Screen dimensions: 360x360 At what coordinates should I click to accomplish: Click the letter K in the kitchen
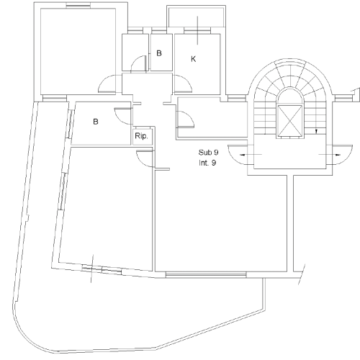point(194,59)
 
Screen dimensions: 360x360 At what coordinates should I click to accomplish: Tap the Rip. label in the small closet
point(141,136)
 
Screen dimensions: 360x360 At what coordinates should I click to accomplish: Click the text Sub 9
point(208,153)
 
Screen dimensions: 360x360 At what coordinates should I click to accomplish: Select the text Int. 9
point(207,163)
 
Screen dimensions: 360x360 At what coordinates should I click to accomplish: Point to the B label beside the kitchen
point(159,53)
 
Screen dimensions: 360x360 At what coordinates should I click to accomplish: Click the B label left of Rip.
point(96,122)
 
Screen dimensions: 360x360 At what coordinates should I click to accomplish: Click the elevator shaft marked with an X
point(289,121)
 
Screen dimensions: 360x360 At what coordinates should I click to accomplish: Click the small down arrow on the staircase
point(316,131)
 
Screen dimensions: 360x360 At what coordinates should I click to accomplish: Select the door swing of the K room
point(183,84)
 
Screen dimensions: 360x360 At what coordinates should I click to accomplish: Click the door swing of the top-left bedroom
point(107,84)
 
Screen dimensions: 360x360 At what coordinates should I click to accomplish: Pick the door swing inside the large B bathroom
point(123,116)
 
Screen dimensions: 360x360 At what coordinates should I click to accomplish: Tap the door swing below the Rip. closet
point(144,158)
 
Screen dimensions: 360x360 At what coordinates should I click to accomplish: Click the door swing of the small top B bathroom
point(139,63)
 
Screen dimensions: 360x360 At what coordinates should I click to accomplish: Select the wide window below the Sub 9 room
point(206,275)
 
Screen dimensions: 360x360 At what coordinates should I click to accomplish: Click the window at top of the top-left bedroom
point(78,5)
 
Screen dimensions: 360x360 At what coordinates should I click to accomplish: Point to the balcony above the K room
point(197,17)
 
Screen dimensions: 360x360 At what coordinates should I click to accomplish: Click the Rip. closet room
point(143,136)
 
